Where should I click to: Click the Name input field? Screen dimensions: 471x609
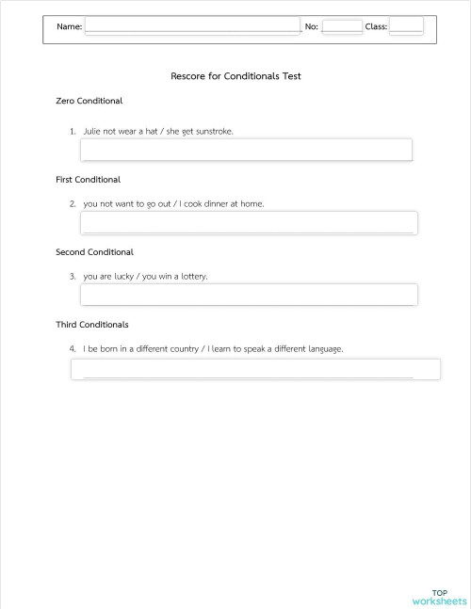192,26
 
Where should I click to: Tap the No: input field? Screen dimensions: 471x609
342,26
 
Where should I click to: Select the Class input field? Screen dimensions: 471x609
406,26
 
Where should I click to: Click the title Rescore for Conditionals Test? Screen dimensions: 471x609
235,76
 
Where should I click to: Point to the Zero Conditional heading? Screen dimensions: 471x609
89,101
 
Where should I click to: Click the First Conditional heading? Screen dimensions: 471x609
89,179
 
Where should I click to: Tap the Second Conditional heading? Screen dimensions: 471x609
95,252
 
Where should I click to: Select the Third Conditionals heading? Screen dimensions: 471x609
92,325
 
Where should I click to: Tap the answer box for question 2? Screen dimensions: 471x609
249,222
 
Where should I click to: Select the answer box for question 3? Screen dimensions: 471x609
249,295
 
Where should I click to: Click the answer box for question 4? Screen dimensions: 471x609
255,369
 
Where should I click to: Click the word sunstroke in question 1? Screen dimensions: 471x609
213,132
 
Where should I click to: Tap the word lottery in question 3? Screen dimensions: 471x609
191,277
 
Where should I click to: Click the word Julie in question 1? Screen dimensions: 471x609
92,132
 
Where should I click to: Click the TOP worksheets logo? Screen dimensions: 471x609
439,597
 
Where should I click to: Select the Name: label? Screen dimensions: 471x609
69,26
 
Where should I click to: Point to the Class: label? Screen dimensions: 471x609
376,26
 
